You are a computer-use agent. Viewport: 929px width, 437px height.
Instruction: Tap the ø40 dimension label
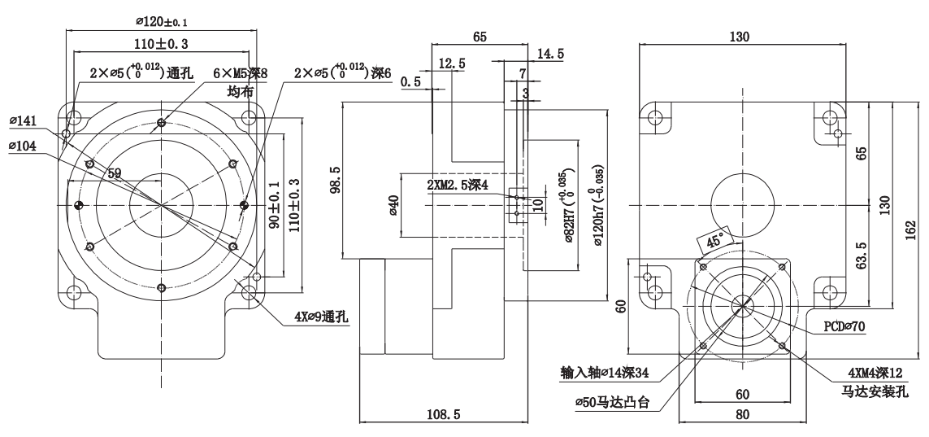pyautogui.click(x=393, y=205)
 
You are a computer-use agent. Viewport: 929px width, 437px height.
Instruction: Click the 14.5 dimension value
pyautogui.click(x=550, y=55)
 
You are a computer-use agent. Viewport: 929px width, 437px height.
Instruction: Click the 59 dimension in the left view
pyautogui.click(x=114, y=173)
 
